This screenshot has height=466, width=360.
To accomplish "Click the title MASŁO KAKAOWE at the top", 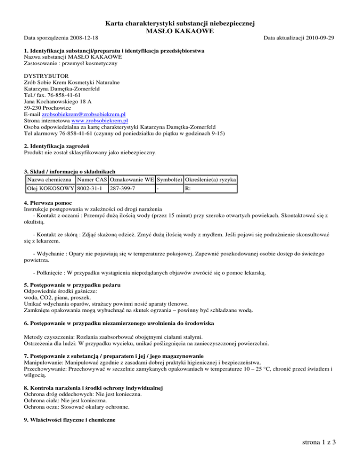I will coord(180,31).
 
